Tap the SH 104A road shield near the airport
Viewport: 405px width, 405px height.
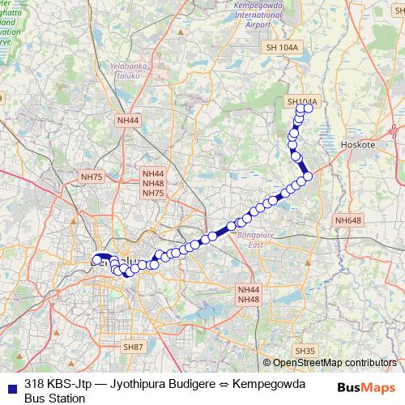click(282, 49)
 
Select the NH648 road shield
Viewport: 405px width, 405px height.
click(348, 220)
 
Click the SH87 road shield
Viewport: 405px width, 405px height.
click(133, 347)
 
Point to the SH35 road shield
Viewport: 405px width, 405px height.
click(305, 351)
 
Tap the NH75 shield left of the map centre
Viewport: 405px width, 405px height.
click(92, 177)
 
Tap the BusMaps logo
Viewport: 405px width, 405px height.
click(366, 386)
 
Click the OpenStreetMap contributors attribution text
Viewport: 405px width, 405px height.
click(335, 363)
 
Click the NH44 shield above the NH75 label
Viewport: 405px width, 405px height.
click(153, 174)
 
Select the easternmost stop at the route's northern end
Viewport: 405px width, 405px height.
click(309, 108)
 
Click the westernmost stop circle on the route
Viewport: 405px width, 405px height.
click(96, 260)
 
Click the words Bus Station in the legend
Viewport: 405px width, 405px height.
click(54, 398)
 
